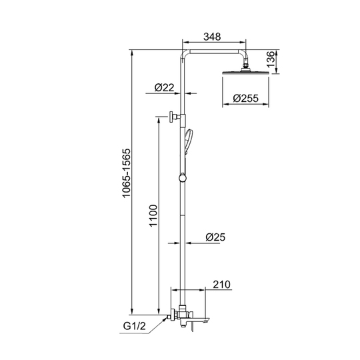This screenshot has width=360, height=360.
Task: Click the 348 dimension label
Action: (212, 37)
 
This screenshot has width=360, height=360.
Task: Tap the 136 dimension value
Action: (271, 59)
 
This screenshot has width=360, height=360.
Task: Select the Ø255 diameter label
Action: (245, 98)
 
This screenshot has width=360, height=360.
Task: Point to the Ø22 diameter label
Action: (165, 87)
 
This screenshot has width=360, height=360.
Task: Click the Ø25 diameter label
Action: (215, 237)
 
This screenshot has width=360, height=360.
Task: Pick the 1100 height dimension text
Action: (153, 215)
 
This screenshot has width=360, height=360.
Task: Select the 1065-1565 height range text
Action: (127, 173)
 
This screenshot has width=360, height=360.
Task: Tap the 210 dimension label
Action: (221, 285)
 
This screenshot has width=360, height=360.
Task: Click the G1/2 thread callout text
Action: (134, 326)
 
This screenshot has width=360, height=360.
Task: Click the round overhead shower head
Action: (245, 73)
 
